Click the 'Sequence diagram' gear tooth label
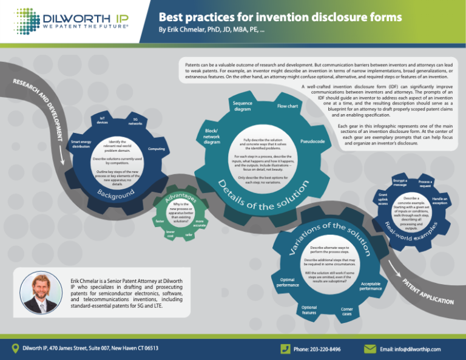242,106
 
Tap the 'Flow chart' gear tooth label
287,106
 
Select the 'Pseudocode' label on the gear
312,141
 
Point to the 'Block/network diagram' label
212,137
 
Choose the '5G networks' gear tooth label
135,121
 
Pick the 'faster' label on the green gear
160,222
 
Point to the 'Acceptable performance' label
371,286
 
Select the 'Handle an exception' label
440,201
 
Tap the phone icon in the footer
284,348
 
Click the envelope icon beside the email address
369,348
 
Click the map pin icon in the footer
16,348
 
